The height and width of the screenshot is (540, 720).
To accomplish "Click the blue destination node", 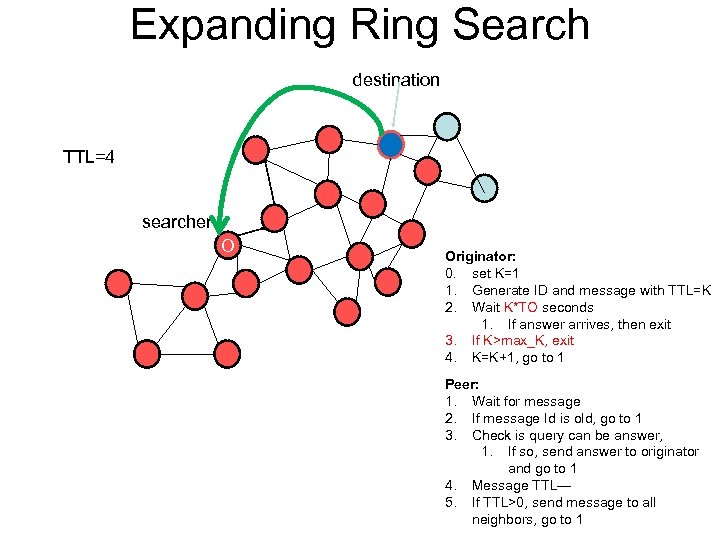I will click(391, 146).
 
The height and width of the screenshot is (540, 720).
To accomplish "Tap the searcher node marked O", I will click(228, 245).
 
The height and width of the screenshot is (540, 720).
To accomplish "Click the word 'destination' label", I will click(396, 80).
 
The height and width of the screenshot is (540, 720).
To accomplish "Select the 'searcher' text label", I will click(176, 222).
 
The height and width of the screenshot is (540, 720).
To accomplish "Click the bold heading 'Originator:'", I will click(480, 257).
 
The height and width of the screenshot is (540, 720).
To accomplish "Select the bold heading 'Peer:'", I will click(462, 384).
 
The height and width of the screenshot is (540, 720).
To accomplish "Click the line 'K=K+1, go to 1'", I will click(518, 357).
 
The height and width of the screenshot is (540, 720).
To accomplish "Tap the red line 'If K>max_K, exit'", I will click(523, 340).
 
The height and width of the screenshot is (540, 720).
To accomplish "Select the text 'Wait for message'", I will click(526, 401).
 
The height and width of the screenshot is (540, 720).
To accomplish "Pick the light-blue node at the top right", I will click(447, 127).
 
